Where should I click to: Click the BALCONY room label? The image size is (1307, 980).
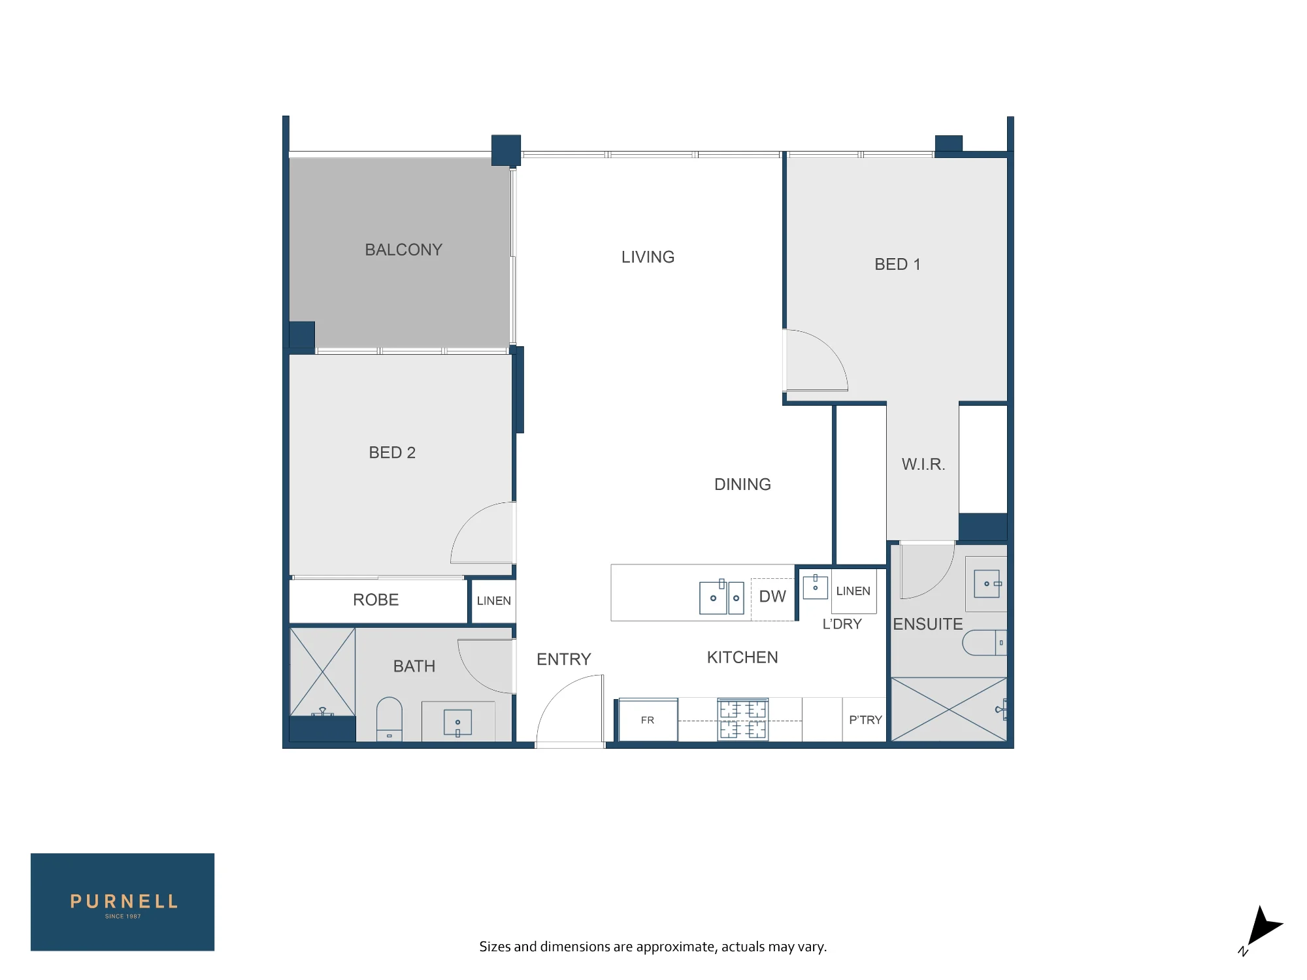[403, 250]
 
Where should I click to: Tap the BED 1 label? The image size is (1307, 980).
[897, 264]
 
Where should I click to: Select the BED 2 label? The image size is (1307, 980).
[392, 452]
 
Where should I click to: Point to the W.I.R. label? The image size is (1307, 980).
[923, 464]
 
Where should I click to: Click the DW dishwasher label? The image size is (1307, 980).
[772, 596]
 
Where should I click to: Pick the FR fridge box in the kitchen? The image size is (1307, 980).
[648, 719]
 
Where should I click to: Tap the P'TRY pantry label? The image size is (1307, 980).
[865, 719]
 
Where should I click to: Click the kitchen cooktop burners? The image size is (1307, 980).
[743, 719]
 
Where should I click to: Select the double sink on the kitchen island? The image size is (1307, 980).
[721, 596]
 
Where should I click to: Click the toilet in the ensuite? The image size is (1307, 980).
[984, 642]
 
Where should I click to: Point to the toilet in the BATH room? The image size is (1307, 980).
[389, 719]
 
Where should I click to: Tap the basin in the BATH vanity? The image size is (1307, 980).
[457, 723]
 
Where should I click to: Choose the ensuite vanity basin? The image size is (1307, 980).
[987, 583]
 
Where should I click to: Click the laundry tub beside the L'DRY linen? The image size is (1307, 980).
[816, 586]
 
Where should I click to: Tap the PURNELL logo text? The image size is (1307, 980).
[124, 902]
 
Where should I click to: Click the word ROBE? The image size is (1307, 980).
[376, 600]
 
